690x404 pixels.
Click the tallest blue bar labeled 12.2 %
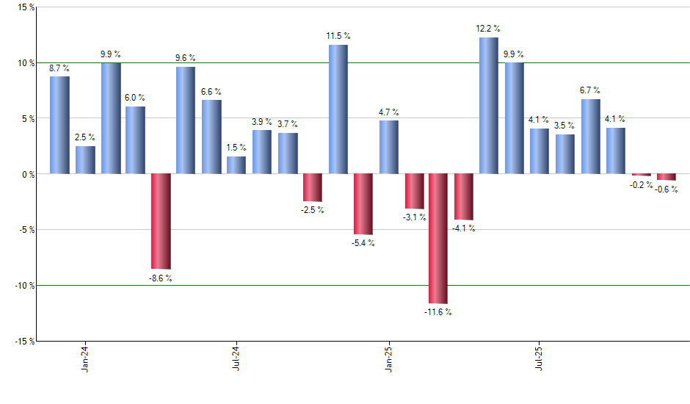(489, 106)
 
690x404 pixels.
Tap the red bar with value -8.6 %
(161, 221)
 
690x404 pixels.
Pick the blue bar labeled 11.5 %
(338, 109)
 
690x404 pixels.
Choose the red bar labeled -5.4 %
(363, 204)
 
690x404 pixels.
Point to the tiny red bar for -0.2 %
(642, 175)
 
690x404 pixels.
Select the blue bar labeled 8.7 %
(59, 125)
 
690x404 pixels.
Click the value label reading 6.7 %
(591, 90)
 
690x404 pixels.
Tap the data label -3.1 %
(414, 217)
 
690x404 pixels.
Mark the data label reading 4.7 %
(389, 112)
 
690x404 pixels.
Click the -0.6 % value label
(667, 190)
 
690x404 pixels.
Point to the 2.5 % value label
(85, 137)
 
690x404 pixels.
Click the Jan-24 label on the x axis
(85, 359)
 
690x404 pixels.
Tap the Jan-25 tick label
(388, 359)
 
